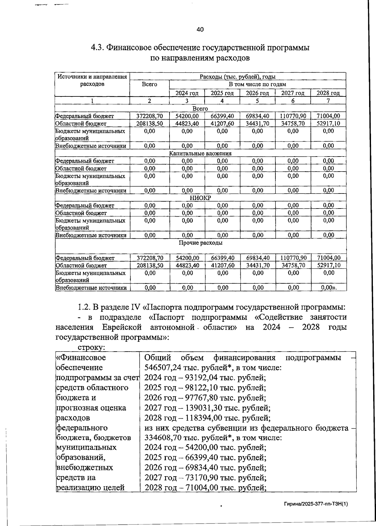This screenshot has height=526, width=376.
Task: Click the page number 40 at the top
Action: pos(200,30)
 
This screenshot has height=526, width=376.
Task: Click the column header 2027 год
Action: pos(293,93)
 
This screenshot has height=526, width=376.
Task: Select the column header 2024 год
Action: pos(187,93)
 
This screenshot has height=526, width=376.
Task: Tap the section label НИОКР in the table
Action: pos(200,198)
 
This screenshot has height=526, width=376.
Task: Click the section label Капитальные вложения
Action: pos(200,153)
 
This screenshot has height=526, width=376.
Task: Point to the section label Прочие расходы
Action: pos(201,243)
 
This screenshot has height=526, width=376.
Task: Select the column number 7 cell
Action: pos(328,101)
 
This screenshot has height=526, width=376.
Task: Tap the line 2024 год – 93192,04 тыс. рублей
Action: pos(205,378)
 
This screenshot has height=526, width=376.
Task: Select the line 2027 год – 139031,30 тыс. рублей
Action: pos(207,408)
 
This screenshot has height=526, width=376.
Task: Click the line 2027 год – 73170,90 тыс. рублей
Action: pos(205,478)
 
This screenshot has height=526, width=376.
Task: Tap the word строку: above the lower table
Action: pos(91,348)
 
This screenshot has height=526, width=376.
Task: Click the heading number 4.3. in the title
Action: pos(97,48)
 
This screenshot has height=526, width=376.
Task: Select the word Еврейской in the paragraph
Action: pos(122,327)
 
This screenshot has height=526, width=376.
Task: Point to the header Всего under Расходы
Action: pos(149,85)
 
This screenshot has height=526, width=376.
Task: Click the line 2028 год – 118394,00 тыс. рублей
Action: pos(207,418)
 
